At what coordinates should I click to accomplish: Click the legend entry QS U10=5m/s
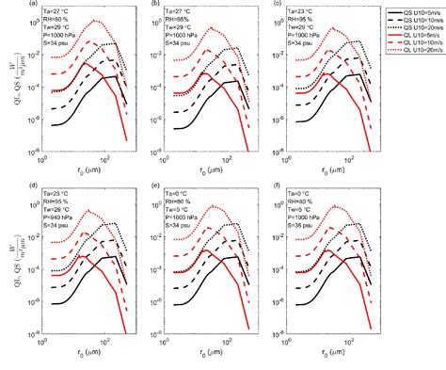(410, 12)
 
